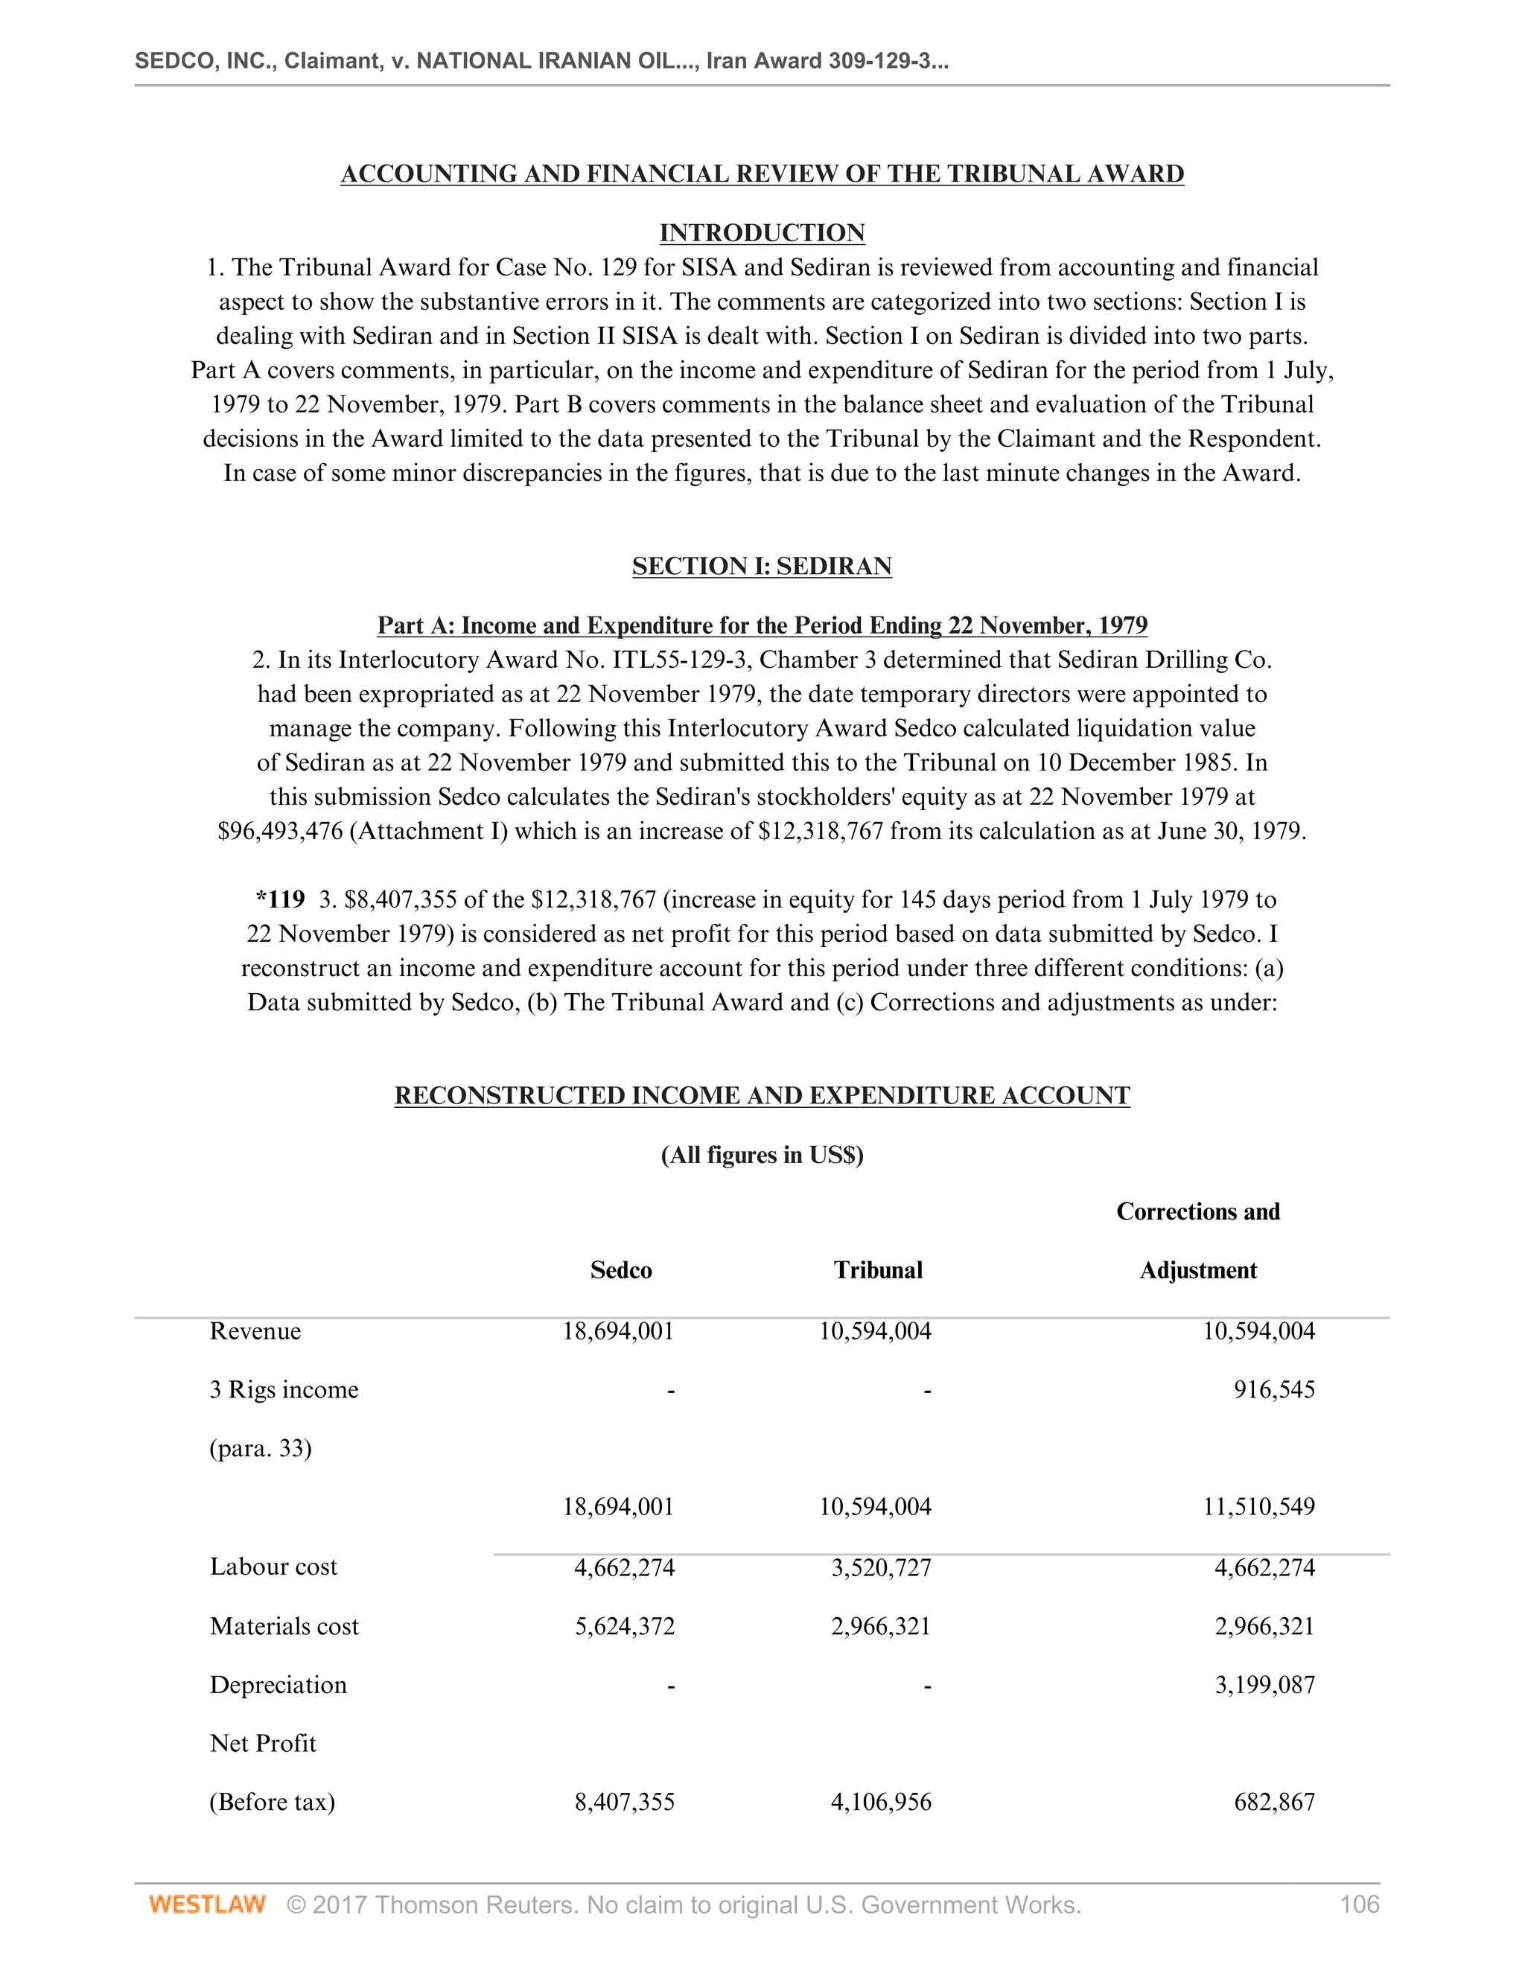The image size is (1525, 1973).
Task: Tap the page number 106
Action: click(1359, 1905)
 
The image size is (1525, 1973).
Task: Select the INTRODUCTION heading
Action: click(762, 233)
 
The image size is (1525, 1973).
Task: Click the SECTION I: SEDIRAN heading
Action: click(762, 567)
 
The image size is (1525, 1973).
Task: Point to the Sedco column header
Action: click(621, 1270)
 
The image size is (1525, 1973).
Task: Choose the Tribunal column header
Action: click(877, 1270)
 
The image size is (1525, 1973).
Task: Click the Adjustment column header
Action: click(1197, 1270)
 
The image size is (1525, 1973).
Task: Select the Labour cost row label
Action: click(273, 1566)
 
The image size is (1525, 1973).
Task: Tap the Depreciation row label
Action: click(278, 1685)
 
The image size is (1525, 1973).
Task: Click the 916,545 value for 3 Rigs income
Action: click(1274, 1389)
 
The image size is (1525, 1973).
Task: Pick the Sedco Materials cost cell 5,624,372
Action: click(624, 1626)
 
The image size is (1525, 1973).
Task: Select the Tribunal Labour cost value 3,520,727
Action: click(881, 1567)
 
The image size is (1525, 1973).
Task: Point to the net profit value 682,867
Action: click(1274, 1803)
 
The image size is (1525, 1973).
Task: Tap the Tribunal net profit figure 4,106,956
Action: click(881, 1803)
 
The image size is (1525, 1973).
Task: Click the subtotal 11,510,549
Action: click(1258, 1507)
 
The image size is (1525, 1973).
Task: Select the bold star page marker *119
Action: click(280, 900)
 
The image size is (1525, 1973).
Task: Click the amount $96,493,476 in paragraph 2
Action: click(280, 831)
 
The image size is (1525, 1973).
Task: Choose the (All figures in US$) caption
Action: click(762, 1156)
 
